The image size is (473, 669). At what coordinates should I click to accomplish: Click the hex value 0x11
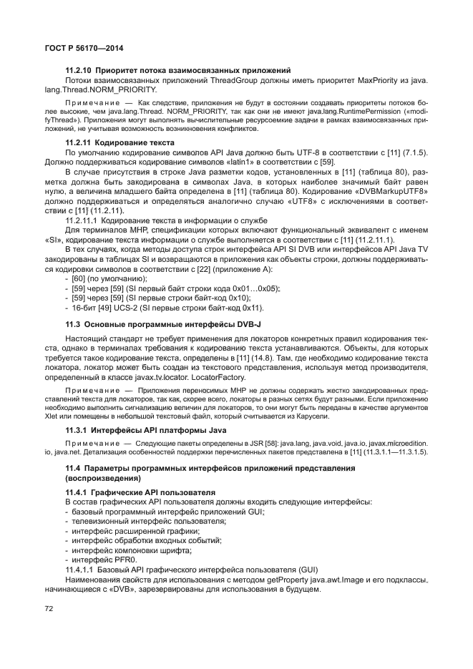(x=251, y=308)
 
